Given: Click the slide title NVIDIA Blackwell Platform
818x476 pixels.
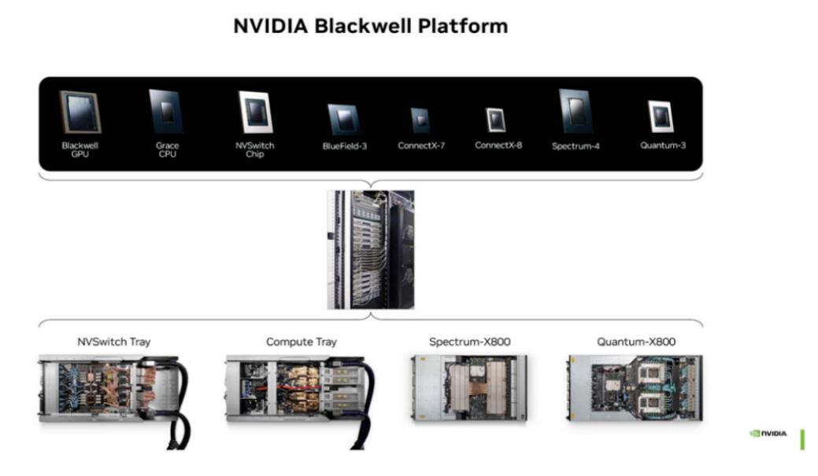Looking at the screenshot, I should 370,26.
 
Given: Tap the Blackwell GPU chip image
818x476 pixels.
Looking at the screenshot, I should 80,112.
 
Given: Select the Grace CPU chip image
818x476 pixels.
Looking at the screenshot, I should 166,111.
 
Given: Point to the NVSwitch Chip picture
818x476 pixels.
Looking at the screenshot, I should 255,112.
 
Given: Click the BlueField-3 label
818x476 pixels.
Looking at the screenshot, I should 344,146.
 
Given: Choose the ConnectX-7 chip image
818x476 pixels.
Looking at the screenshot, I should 420,120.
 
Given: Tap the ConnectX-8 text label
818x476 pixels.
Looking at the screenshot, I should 498,146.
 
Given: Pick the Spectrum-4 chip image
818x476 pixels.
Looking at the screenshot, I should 576,111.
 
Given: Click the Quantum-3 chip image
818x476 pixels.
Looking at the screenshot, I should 661,116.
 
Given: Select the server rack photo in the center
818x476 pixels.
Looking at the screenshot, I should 371,249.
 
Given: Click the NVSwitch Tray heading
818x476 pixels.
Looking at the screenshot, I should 114,341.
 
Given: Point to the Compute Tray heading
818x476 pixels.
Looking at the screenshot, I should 301,341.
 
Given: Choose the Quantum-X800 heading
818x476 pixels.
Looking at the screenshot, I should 636,341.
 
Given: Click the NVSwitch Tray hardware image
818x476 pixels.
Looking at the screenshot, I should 114,393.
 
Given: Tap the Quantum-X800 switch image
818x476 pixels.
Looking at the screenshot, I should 634,387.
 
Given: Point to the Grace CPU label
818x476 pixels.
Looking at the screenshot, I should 167,149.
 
